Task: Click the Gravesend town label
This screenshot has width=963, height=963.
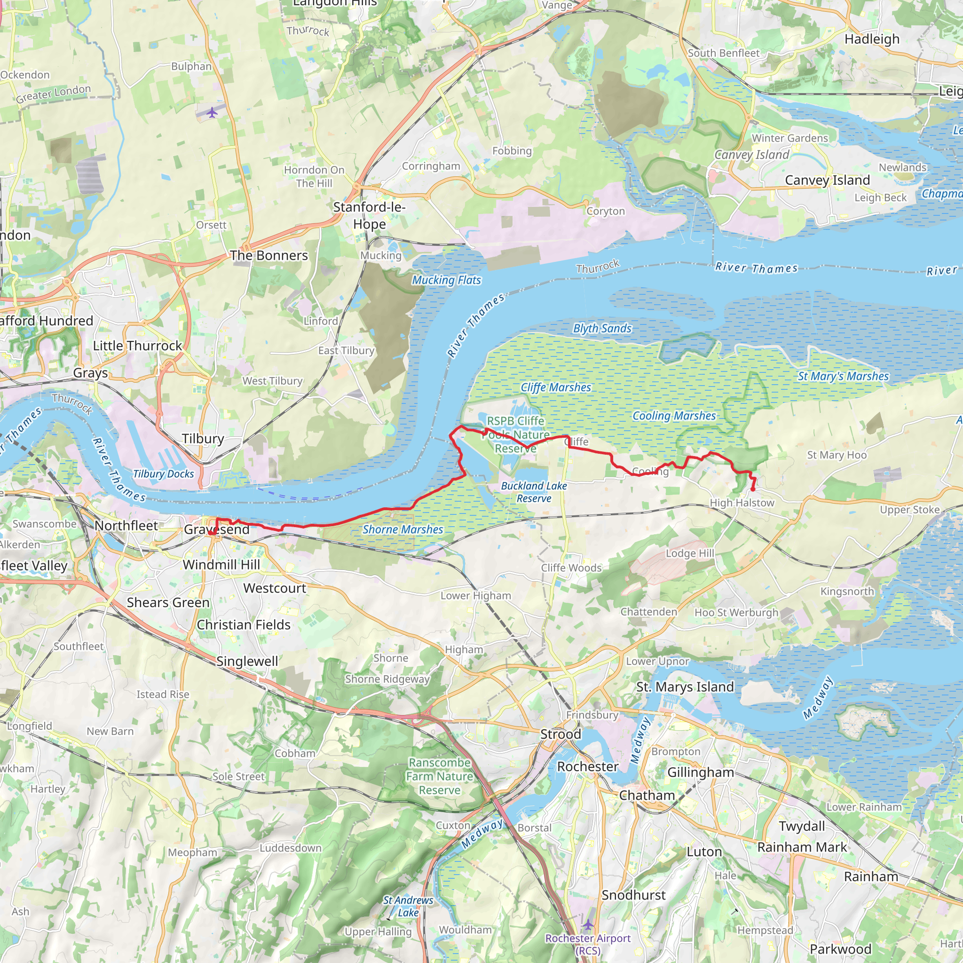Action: coord(216,529)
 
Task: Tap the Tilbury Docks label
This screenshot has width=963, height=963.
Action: coord(163,474)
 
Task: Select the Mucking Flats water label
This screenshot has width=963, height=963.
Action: coord(446,280)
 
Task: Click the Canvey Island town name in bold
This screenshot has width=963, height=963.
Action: coord(827,180)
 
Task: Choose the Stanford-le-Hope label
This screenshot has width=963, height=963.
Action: coord(369,215)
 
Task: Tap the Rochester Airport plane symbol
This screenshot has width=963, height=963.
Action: coord(588,924)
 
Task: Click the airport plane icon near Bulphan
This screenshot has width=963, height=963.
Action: coord(213,112)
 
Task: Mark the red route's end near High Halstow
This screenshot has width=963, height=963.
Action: coord(753,490)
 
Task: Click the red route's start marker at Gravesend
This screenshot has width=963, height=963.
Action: coord(211,533)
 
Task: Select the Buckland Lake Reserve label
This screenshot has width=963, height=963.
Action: coord(534,492)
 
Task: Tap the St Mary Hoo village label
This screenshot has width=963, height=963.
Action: coord(837,455)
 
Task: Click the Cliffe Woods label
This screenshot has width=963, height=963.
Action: coord(571,568)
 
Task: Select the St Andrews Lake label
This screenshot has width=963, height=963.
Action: coord(408,906)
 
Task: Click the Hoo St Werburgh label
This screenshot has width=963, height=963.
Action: coord(736,613)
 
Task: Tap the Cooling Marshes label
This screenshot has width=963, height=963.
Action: coord(674,416)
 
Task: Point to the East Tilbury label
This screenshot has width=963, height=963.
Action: coord(346,350)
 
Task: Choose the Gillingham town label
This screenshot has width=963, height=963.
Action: coord(700,773)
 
